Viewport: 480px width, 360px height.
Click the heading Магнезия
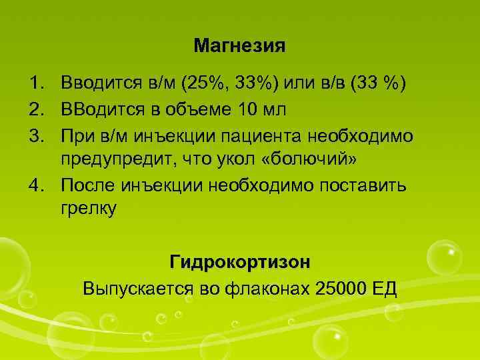tap(239, 46)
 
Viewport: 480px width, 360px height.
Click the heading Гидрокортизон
tap(240, 261)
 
